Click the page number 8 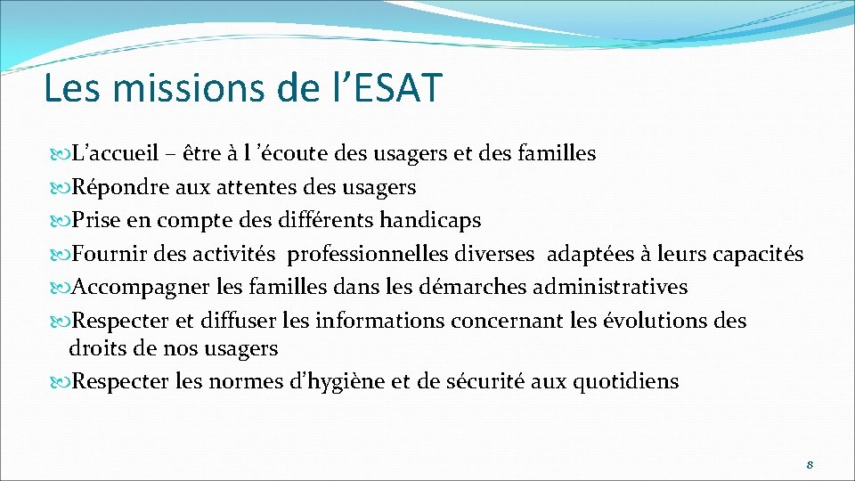pos(810,464)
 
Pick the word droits pos(94,348)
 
